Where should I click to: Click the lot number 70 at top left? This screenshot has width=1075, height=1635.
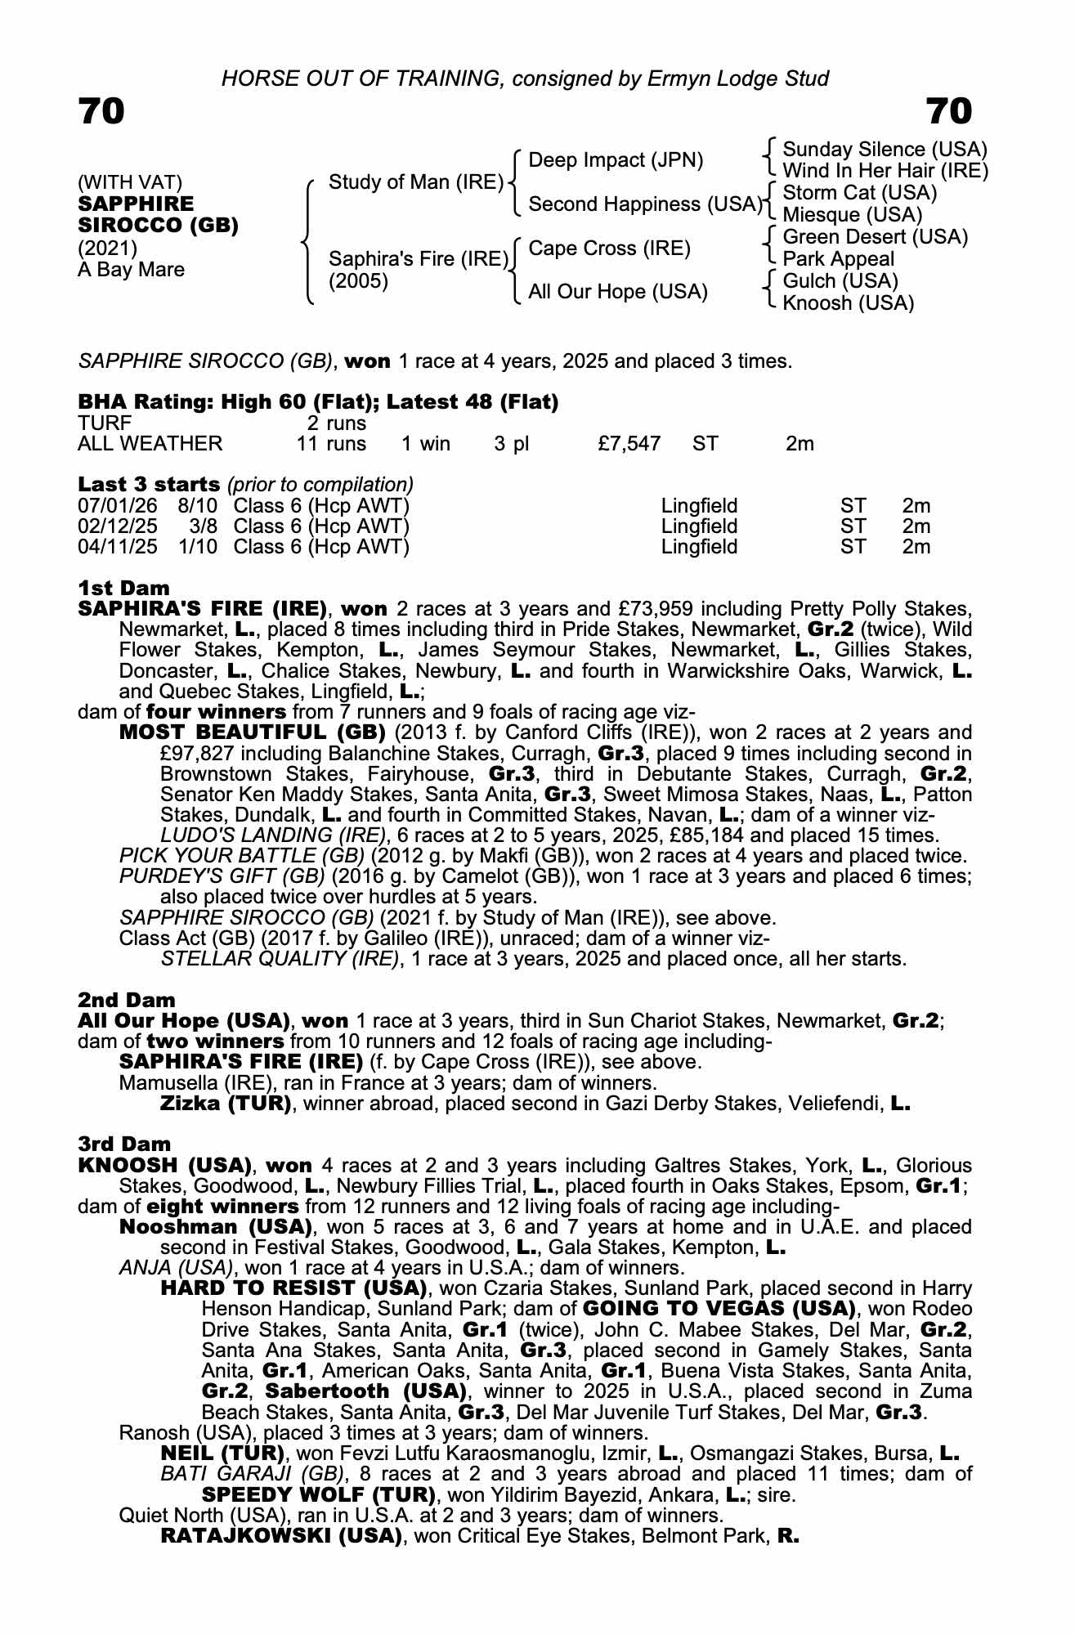pos(101,111)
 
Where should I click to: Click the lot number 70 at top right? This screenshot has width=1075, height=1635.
pos(948,111)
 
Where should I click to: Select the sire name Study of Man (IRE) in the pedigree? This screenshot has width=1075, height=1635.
pos(415,182)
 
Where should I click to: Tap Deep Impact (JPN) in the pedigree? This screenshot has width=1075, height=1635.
pos(616,160)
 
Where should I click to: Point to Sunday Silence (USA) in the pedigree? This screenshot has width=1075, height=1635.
pos(885,150)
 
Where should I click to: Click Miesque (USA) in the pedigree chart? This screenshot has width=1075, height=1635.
pos(852,215)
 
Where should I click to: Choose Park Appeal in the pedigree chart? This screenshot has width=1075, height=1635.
pos(838,259)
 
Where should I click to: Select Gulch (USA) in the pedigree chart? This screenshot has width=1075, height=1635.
pos(840,281)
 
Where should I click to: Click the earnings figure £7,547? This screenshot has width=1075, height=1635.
pos(629,444)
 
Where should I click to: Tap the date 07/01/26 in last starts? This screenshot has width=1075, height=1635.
pos(117,506)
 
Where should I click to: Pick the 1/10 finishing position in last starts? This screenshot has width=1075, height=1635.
pos(198,547)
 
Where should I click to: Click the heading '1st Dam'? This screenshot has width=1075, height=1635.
pos(123,588)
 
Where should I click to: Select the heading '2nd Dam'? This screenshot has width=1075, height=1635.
pos(126,1000)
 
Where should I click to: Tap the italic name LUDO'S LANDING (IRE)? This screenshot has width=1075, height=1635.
pos(273,835)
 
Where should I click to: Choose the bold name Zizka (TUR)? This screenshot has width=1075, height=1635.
pos(226,1104)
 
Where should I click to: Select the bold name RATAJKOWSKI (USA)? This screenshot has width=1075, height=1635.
pos(281,1536)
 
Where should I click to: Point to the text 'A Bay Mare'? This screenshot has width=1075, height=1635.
pos(131,270)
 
